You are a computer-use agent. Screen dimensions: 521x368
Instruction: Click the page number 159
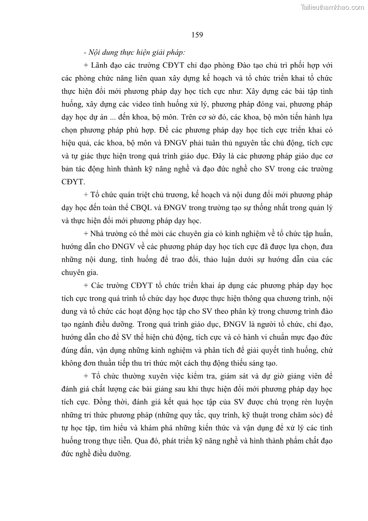[x=197, y=35]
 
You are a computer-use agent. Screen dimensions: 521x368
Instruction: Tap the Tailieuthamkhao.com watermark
[x=332, y=7]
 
